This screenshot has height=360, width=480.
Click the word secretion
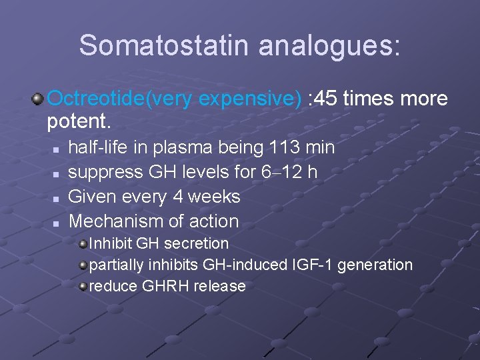(x=197, y=243)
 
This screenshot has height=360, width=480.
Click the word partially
(x=116, y=265)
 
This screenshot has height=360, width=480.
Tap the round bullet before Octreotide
(x=39, y=99)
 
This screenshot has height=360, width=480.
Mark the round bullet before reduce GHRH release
(x=83, y=286)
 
